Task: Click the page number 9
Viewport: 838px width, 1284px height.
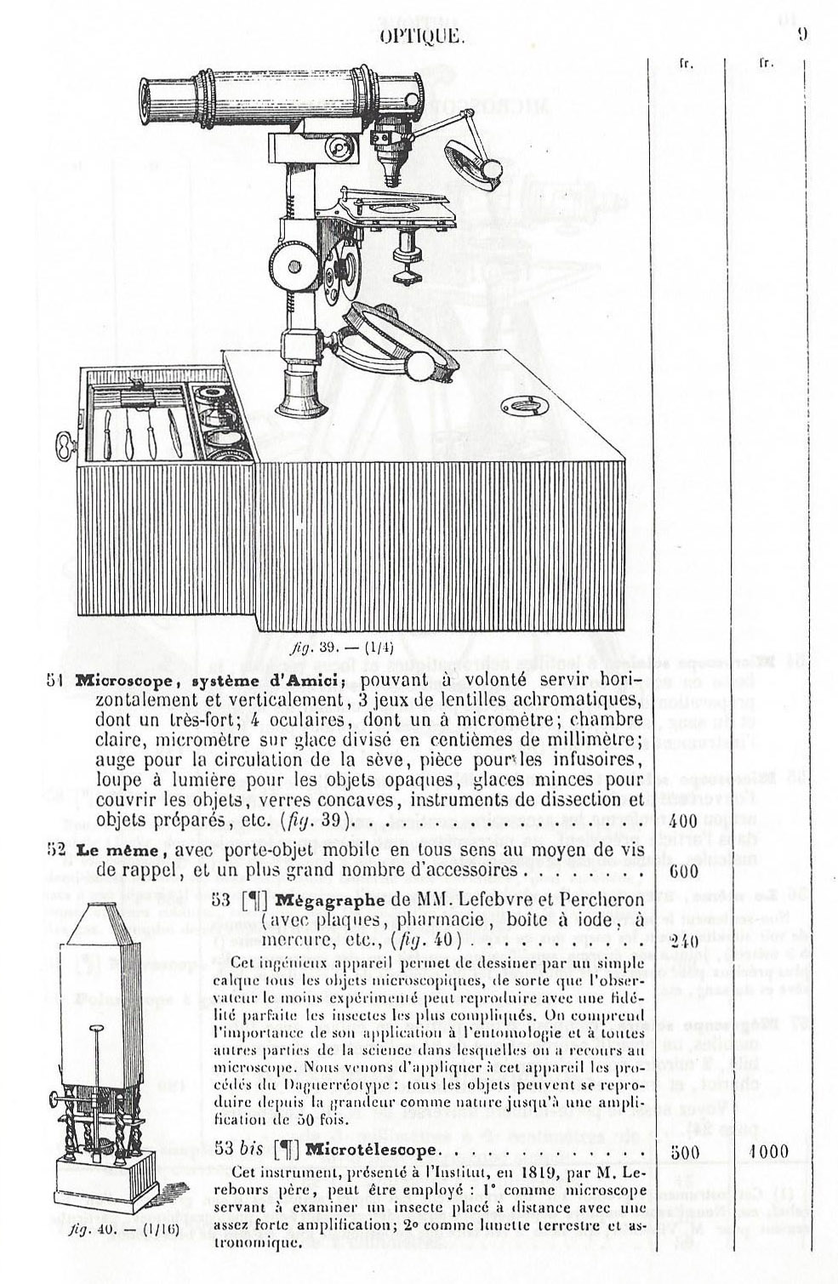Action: tap(802, 35)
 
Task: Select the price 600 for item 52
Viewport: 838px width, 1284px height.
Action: tap(682, 871)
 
